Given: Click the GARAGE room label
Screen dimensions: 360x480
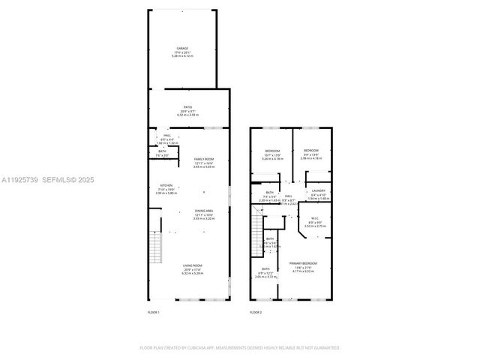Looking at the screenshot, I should click(183, 47).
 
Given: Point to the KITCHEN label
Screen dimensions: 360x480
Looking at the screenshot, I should click(166, 186).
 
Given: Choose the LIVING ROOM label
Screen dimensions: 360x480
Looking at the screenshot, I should click(193, 265).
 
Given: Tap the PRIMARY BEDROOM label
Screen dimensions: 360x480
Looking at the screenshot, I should click(303, 263).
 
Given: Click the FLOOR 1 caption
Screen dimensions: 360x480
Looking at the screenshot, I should click(154, 312).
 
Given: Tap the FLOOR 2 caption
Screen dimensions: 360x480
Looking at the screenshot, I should click(256, 312).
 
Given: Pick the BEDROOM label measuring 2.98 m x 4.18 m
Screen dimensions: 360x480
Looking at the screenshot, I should click(310, 151).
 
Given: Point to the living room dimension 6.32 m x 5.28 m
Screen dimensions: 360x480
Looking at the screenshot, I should click(193, 274).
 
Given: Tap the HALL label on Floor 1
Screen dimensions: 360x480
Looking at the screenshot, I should click(166, 135).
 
